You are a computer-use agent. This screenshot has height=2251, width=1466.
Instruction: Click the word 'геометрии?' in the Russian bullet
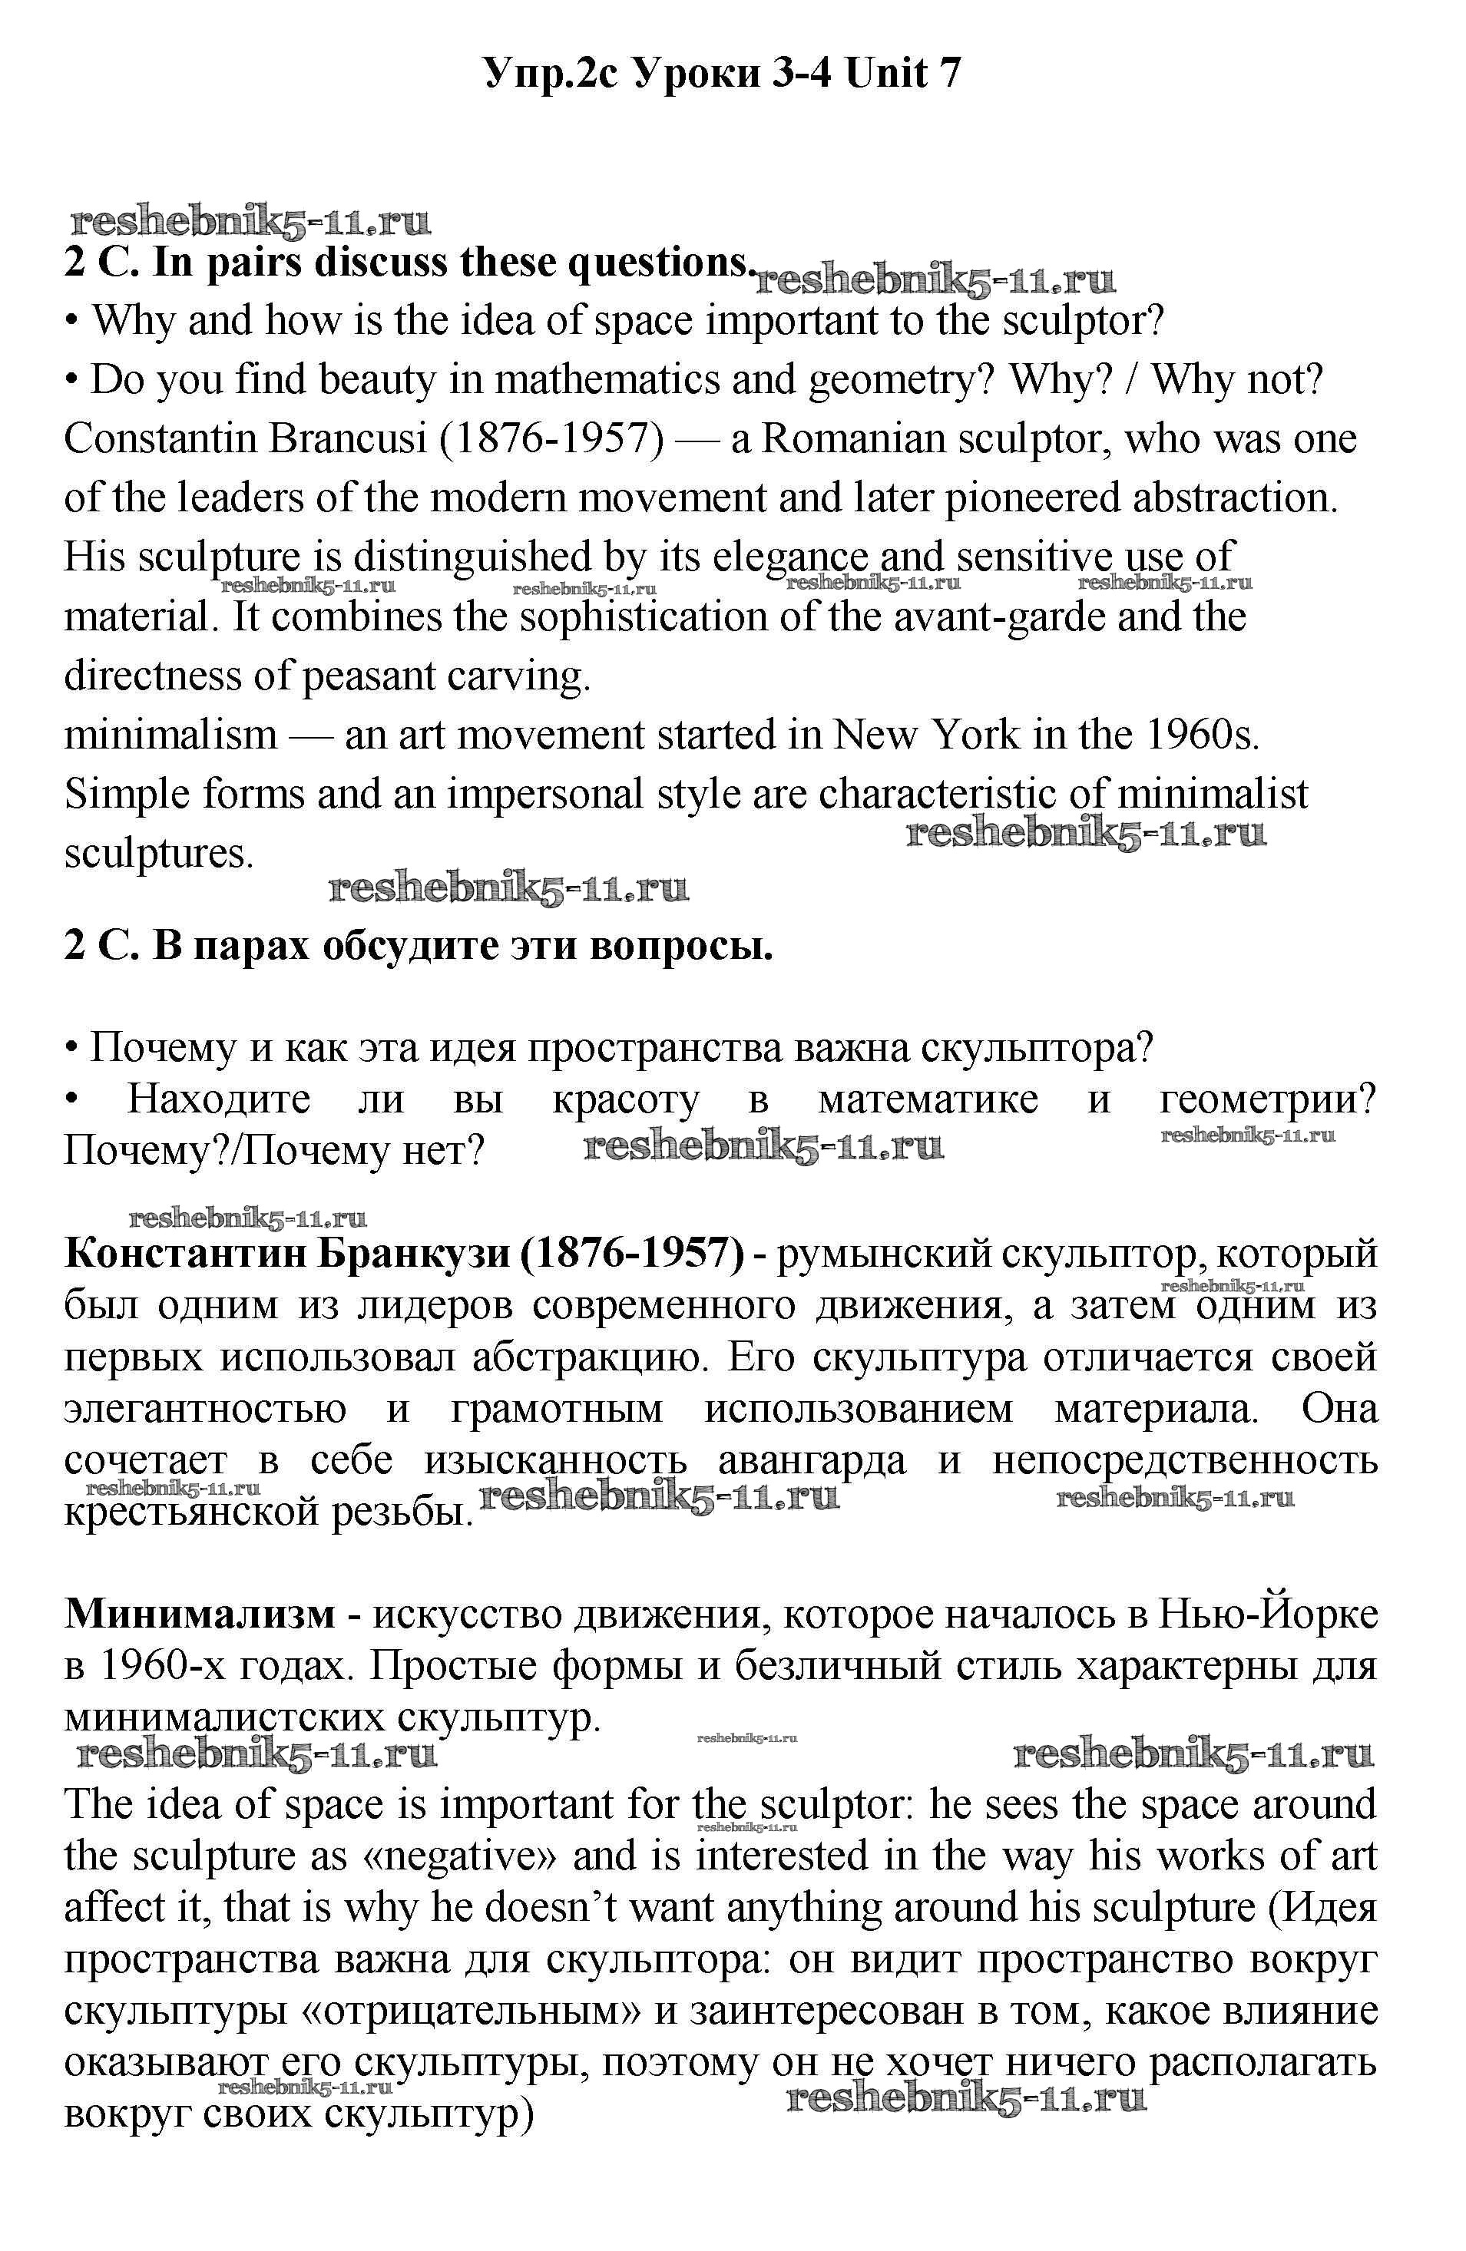(x=1267, y=1100)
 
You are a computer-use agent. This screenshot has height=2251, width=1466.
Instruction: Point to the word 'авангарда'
(x=812, y=1460)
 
